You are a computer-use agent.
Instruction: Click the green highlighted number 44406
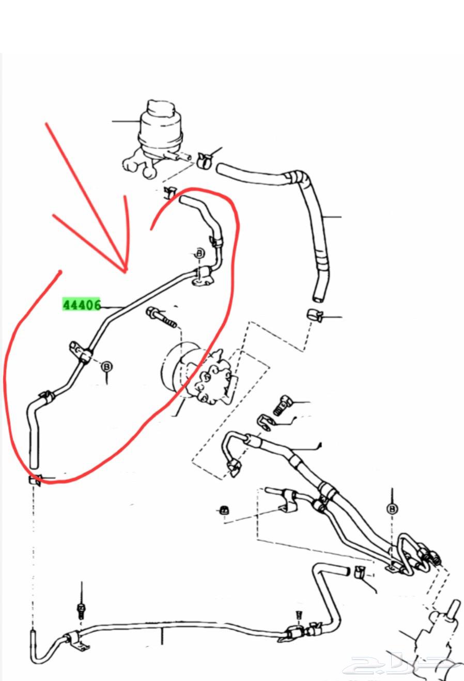pyautogui.click(x=81, y=304)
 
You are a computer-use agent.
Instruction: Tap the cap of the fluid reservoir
pyautogui.click(x=162, y=110)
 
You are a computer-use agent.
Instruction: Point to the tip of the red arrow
pyautogui.click(x=125, y=270)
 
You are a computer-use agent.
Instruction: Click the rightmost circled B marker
pyautogui.click(x=393, y=509)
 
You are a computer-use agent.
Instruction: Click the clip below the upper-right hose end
pyautogui.click(x=314, y=315)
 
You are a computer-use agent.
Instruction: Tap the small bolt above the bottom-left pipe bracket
pyautogui.click(x=81, y=610)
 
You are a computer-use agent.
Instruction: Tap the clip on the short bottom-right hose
pyautogui.click(x=360, y=572)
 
